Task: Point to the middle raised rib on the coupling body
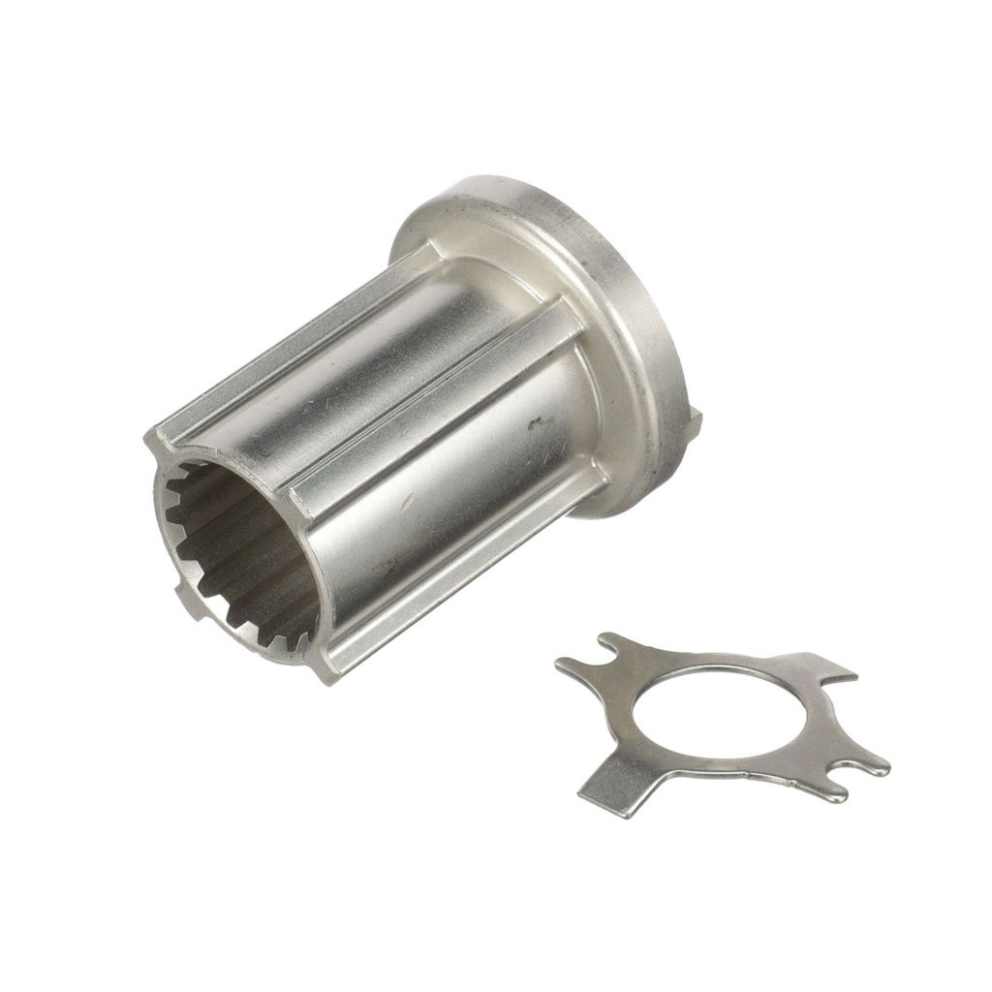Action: click(436, 407)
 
